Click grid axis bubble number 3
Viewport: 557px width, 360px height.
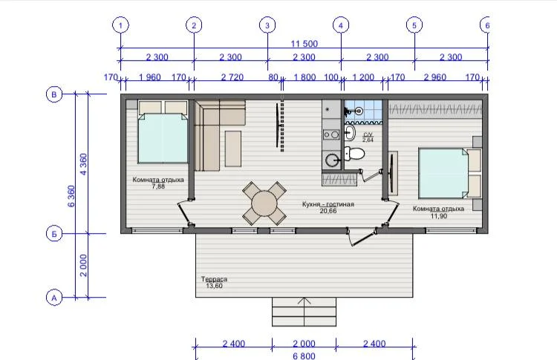pyautogui.click(x=267, y=25)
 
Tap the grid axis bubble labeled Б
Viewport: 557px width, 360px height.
pyautogui.click(x=54, y=234)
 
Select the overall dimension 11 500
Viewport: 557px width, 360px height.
pyautogui.click(x=304, y=44)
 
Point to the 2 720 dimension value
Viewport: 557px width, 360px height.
pyautogui.click(x=232, y=77)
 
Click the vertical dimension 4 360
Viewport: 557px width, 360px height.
pyautogui.click(x=83, y=164)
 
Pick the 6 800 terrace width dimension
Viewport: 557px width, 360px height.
pyautogui.click(x=304, y=356)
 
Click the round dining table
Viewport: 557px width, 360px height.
pyautogui.click(x=264, y=204)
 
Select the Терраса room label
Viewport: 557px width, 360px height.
pyautogui.click(x=214, y=279)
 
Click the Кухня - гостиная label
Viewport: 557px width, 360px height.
pyautogui.click(x=328, y=204)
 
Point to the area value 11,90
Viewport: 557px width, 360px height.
pyautogui.click(x=438, y=216)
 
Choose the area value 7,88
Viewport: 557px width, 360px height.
pyautogui.click(x=158, y=186)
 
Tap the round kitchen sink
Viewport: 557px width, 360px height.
pyautogui.click(x=332, y=160)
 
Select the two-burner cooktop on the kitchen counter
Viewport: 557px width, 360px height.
pyautogui.click(x=331, y=134)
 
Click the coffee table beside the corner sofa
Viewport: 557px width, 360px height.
pyautogui.click(x=233, y=148)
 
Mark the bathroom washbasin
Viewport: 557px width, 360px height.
pyautogui.click(x=349, y=133)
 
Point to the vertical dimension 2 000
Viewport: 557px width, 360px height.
pyautogui.click(x=83, y=265)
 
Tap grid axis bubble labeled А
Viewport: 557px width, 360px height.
pyautogui.click(x=54, y=298)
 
